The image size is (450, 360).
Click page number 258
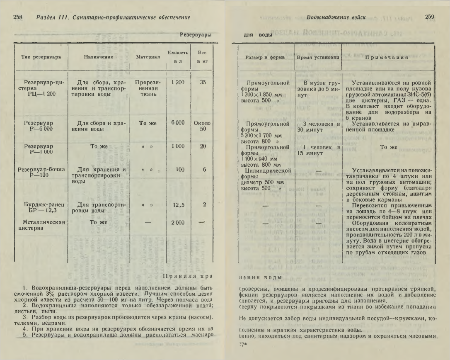[x=18, y=17]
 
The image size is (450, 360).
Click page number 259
[x=429, y=17]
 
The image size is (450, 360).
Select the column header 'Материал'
[x=148, y=57]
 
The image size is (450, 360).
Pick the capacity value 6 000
[x=178, y=123]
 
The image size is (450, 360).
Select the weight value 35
[x=203, y=82]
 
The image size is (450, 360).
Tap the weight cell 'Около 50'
[x=202, y=126]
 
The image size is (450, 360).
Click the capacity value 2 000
[x=178, y=223]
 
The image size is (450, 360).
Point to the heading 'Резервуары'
[x=196, y=35]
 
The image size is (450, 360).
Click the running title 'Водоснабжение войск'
[x=336, y=17]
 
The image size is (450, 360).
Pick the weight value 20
[x=203, y=146]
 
